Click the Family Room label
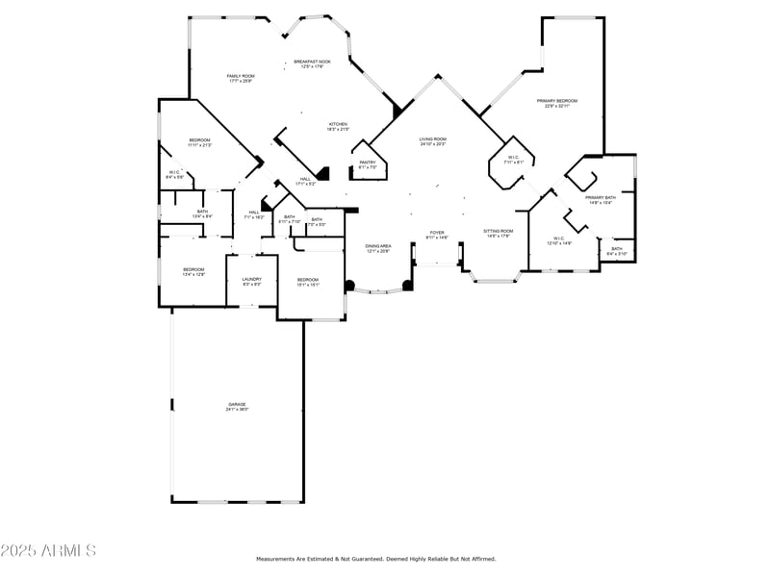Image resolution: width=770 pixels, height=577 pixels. (x=241, y=75)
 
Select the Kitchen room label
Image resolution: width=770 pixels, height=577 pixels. (x=338, y=124)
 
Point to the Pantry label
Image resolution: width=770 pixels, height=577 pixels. (x=368, y=163)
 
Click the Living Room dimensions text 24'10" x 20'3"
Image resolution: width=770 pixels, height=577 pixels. (x=433, y=144)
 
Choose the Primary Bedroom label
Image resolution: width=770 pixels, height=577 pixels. (x=557, y=100)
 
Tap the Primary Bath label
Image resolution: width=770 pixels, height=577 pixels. (x=601, y=197)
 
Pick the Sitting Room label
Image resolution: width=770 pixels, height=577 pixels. (x=499, y=231)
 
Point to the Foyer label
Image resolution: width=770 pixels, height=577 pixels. (x=436, y=232)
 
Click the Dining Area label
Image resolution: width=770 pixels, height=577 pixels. (x=378, y=246)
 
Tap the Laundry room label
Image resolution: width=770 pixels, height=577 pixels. (x=251, y=279)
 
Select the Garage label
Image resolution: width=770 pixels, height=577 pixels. (x=237, y=404)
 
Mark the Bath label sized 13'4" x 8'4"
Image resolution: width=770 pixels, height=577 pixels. (x=202, y=212)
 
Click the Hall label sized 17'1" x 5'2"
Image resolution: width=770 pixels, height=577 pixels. (x=305, y=179)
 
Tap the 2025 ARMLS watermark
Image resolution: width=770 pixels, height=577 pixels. (x=48, y=550)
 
